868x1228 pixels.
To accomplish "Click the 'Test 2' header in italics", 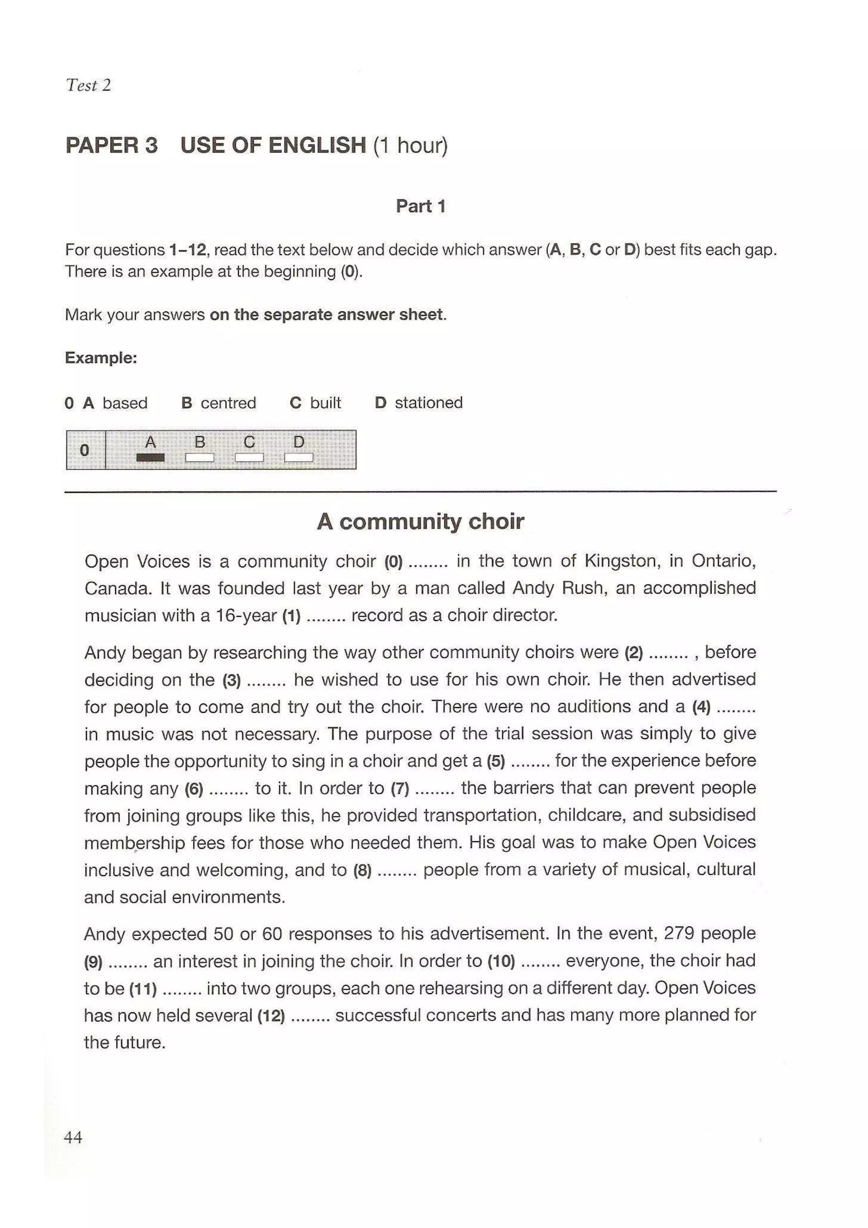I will coord(88,85).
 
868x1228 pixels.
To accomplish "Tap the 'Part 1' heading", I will coord(420,206).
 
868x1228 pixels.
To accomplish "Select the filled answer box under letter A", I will coord(150,457).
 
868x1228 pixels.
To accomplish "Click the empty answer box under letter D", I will coord(298,457).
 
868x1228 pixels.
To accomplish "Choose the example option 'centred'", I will coord(228,402).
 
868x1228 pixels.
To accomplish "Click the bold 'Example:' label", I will coord(101,357).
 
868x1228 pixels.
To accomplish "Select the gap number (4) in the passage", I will coord(701,707).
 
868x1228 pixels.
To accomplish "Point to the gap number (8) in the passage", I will coord(362,870).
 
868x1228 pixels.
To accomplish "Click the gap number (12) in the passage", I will coord(271,1015).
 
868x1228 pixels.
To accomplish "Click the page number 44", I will coord(73,1137).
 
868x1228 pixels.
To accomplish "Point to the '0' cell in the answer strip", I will coord(84,450).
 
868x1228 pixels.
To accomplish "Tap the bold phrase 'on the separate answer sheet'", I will coord(326,314).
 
